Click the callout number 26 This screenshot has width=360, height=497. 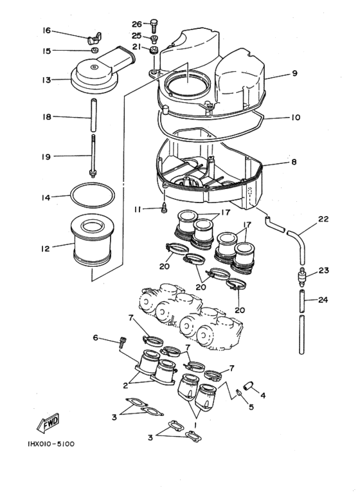pyautogui.click(x=137, y=24)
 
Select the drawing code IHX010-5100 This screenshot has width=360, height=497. pyautogui.click(x=51, y=444)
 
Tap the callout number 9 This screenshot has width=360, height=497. pyautogui.click(x=294, y=73)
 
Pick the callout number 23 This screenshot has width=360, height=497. pyautogui.click(x=323, y=271)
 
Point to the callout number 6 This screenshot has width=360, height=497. pyautogui.click(x=96, y=338)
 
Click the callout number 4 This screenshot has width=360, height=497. pyautogui.click(x=262, y=395)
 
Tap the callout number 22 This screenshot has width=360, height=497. pyautogui.click(x=323, y=219)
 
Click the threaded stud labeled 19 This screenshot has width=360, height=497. pyautogui.click(x=94, y=156)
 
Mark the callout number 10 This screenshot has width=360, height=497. pyautogui.click(x=295, y=118)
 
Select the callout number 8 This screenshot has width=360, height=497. pyautogui.click(x=294, y=162)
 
